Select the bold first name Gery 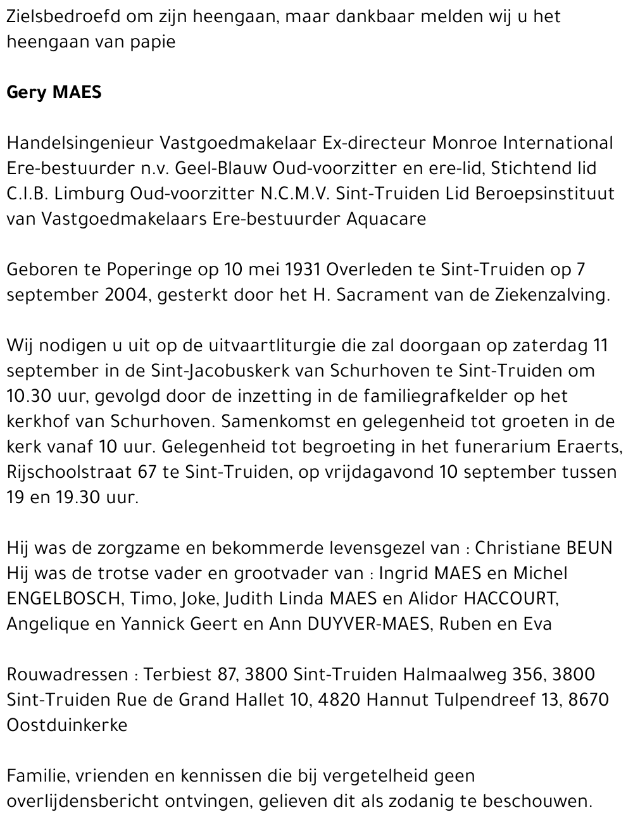click(26, 92)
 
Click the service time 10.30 click(28, 396)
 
